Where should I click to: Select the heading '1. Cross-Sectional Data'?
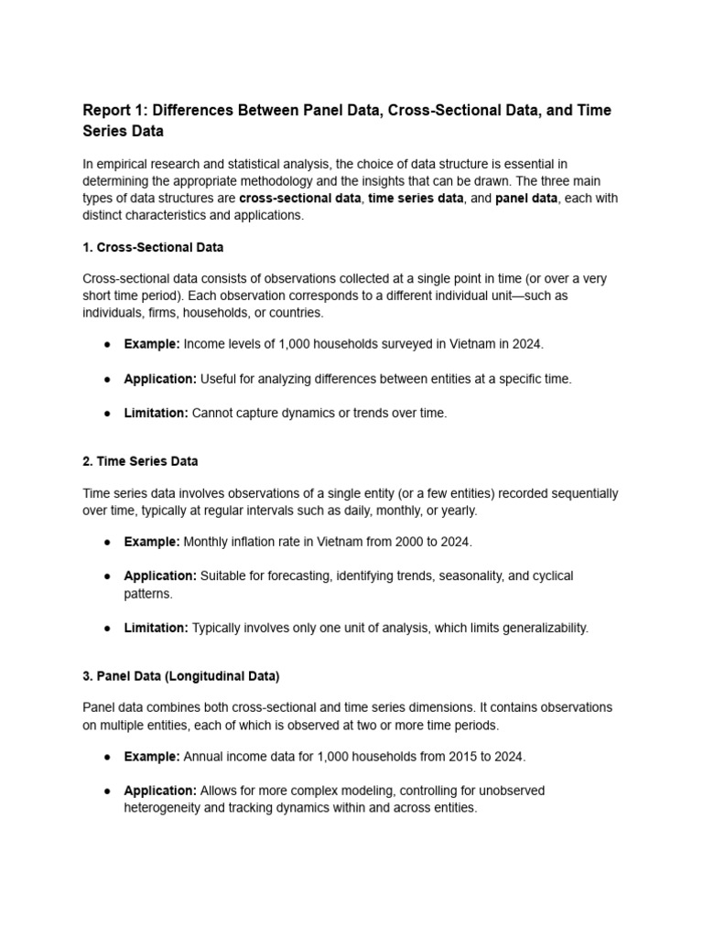point(153,247)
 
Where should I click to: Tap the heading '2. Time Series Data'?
point(140,461)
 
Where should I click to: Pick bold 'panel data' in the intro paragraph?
point(526,199)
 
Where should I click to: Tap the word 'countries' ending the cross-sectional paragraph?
point(294,312)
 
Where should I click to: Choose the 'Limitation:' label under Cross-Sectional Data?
point(157,413)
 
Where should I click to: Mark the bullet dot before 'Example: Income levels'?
point(107,344)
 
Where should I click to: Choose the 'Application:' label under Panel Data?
point(160,791)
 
